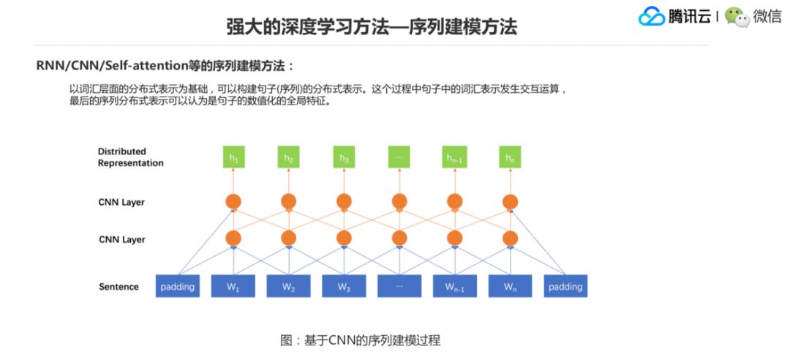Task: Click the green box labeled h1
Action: [x=233, y=157]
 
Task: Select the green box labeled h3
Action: [x=344, y=157]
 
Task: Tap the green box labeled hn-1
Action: [x=454, y=157]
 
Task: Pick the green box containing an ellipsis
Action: [x=399, y=157]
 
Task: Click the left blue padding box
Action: [x=178, y=286]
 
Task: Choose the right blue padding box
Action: [x=565, y=286]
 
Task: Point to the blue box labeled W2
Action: [x=288, y=286]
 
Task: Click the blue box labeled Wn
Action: [x=510, y=286]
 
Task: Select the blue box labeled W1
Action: [x=233, y=286]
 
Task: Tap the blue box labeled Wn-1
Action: [x=454, y=286]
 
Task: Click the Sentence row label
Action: [x=118, y=287]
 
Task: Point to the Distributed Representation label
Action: [x=130, y=157]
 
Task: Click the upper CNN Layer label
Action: [x=121, y=202]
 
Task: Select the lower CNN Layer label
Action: [x=121, y=239]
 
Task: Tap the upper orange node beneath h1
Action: [x=233, y=201]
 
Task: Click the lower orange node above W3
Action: [x=344, y=238]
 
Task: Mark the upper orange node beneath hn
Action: [x=510, y=201]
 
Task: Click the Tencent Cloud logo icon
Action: [x=651, y=17]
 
